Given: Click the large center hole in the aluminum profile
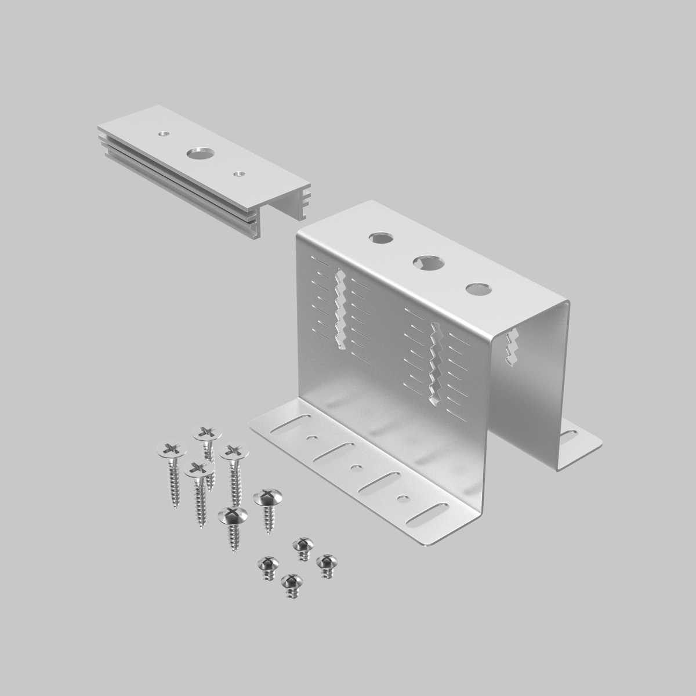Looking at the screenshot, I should coord(199,154).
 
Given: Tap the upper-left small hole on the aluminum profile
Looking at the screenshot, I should coord(165,133).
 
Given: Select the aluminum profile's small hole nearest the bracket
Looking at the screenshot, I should coord(237,173).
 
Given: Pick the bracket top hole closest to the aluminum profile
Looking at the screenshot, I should coord(381,238).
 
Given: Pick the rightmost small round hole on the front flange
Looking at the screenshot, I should coord(400,498).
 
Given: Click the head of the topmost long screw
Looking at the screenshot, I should coord(207,433).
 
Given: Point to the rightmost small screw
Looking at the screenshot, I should coord(327,561).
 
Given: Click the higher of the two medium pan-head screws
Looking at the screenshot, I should coord(268,497).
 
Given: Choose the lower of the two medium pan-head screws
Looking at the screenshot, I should coord(233,514).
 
